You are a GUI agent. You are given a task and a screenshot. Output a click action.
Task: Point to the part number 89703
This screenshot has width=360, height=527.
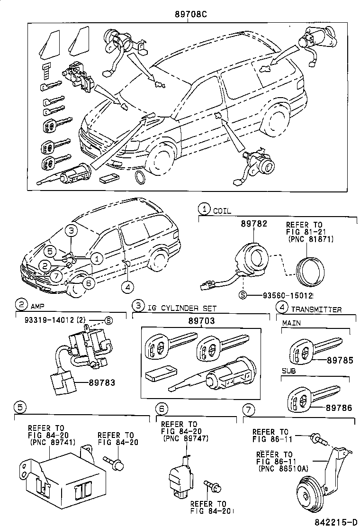[x=201, y=321]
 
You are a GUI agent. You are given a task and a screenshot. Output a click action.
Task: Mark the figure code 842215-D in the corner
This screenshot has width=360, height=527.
[x=337, y=521]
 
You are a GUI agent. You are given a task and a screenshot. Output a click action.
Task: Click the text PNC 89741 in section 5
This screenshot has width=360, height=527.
[x=50, y=442]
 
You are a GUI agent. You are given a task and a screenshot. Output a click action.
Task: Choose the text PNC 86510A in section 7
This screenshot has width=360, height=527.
[x=283, y=468]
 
